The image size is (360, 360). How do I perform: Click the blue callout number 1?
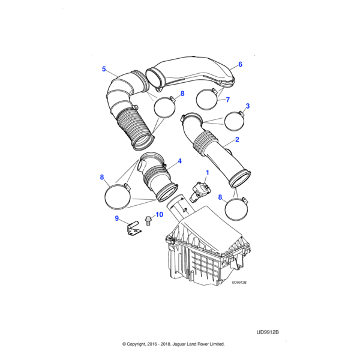tap(208, 172)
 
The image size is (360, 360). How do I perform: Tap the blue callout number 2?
tap(237, 139)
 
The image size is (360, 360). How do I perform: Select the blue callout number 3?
tap(247, 106)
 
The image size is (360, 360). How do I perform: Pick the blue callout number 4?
tap(179, 161)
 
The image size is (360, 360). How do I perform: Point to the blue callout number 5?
tap(104, 69)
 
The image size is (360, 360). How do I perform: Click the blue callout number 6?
tap(240, 64)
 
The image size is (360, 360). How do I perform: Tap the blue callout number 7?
tap(227, 100)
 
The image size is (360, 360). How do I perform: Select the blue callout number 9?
tap(116, 218)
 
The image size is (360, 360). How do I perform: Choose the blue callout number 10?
tap(160, 214)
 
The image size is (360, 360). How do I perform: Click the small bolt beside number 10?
tap(148, 221)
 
